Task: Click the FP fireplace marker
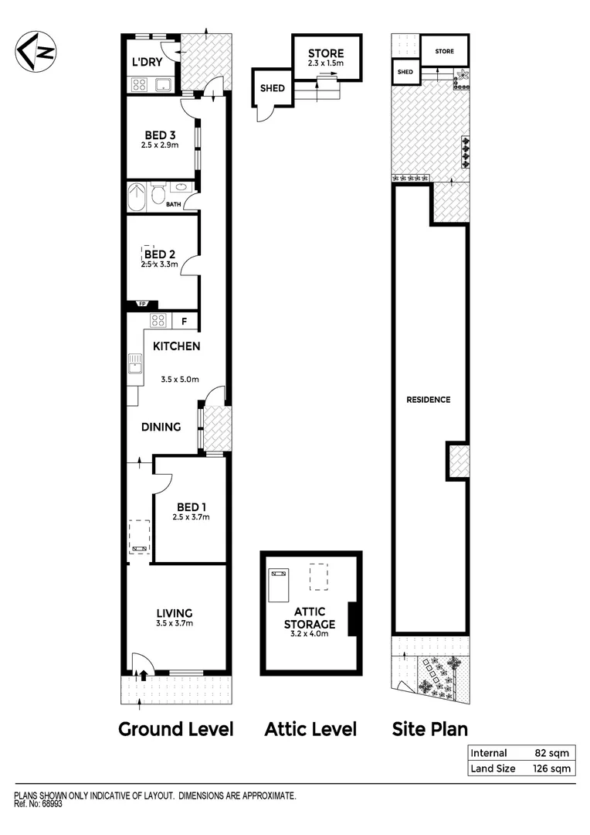click(143, 304)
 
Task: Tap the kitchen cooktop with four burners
click(158, 321)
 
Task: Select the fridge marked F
click(184, 321)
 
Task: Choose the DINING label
click(161, 427)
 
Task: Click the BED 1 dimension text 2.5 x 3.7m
click(191, 517)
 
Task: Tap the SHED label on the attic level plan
click(272, 88)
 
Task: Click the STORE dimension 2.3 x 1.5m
click(325, 64)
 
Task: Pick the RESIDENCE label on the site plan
click(429, 400)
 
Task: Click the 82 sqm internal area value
click(551, 753)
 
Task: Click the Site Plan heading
click(430, 728)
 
